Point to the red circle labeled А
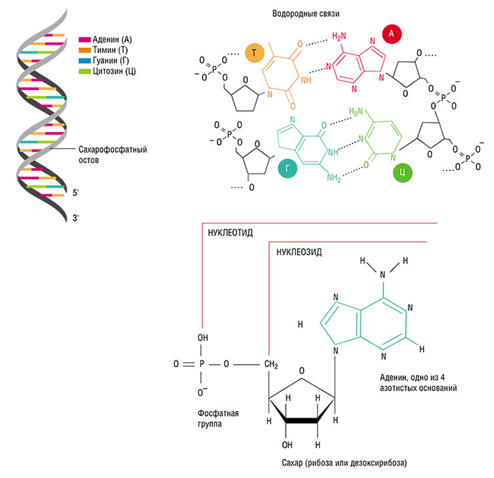390,32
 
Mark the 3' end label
76,219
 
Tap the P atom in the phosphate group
202,365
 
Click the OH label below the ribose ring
287,445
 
